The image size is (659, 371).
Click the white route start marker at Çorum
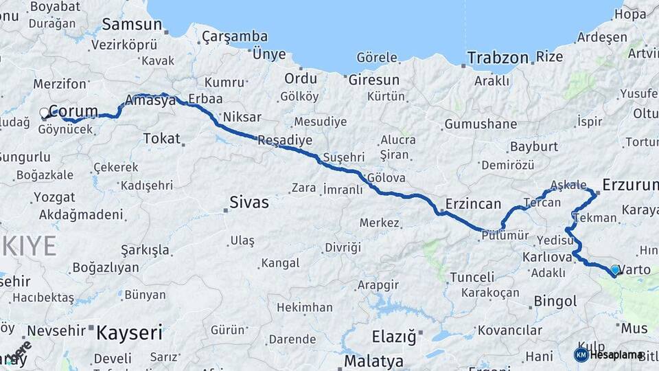tap(45, 113)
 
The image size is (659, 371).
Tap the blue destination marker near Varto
tap(615, 270)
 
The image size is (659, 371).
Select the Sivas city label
tap(248, 203)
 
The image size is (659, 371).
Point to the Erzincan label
tap(473, 204)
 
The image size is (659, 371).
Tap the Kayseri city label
tap(129, 333)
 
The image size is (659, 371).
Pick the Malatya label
tap(373, 361)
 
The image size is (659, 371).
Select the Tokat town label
tap(161, 138)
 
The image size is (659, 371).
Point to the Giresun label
tap(374, 80)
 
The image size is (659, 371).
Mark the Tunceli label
tap(472, 278)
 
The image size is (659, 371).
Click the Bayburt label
tap(533, 146)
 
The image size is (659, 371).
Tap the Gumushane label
tap(481, 124)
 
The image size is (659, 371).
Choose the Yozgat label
tap(54, 197)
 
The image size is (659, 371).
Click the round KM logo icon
tap(581, 355)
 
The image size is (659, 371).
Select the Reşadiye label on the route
tap(284, 140)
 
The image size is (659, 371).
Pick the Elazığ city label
tap(393, 337)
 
